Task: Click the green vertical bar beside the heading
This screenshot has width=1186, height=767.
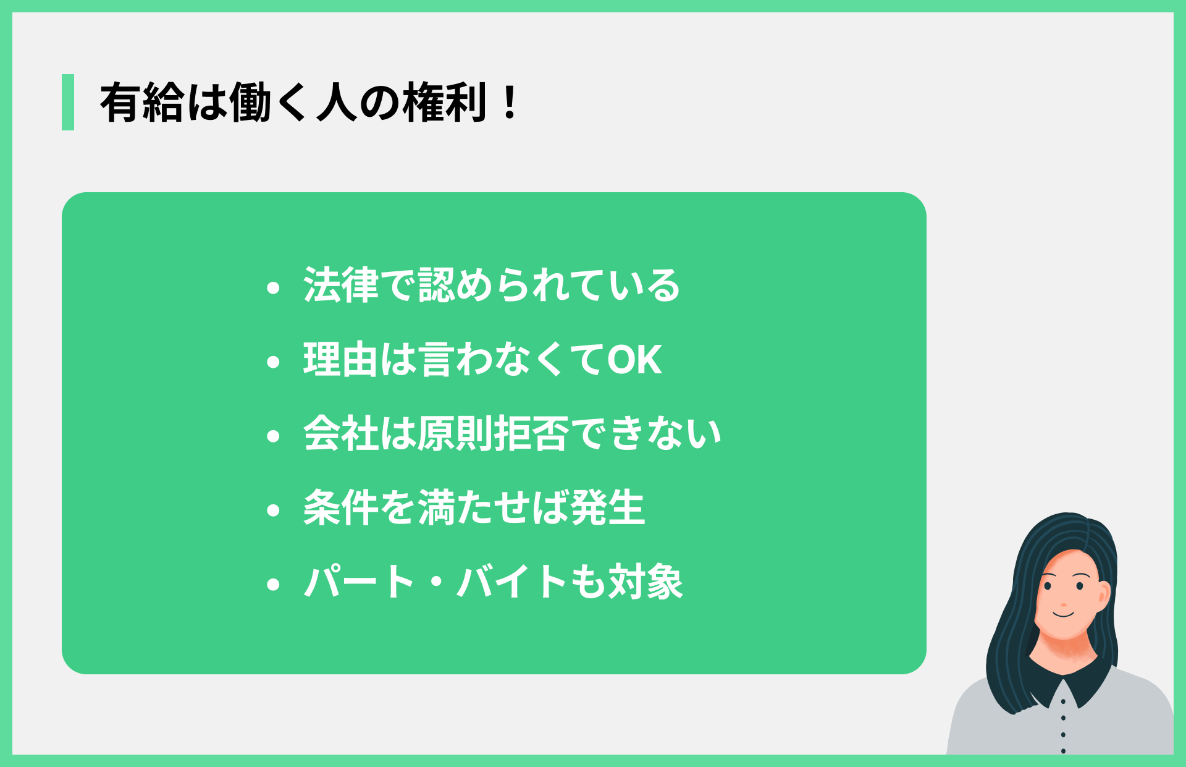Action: point(68,102)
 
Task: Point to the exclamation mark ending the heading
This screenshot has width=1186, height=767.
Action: point(510,103)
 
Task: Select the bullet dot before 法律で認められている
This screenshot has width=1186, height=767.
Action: point(273,288)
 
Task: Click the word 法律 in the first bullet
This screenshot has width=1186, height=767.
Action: point(341,285)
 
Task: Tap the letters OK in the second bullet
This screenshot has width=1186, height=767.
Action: point(635,359)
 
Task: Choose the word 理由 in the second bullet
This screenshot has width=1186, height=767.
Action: point(340,359)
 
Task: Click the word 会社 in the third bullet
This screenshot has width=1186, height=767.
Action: point(340,433)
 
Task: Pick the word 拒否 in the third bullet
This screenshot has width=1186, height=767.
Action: point(531,433)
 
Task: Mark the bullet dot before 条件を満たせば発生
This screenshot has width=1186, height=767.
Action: point(273,511)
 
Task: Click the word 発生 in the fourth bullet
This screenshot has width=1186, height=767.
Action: point(608,507)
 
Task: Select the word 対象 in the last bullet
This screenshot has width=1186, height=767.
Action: point(646,582)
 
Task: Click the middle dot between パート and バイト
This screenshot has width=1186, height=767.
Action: point(436,582)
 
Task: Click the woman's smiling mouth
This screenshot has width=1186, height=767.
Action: point(1064,614)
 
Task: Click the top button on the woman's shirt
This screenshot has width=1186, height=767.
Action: point(1063,701)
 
